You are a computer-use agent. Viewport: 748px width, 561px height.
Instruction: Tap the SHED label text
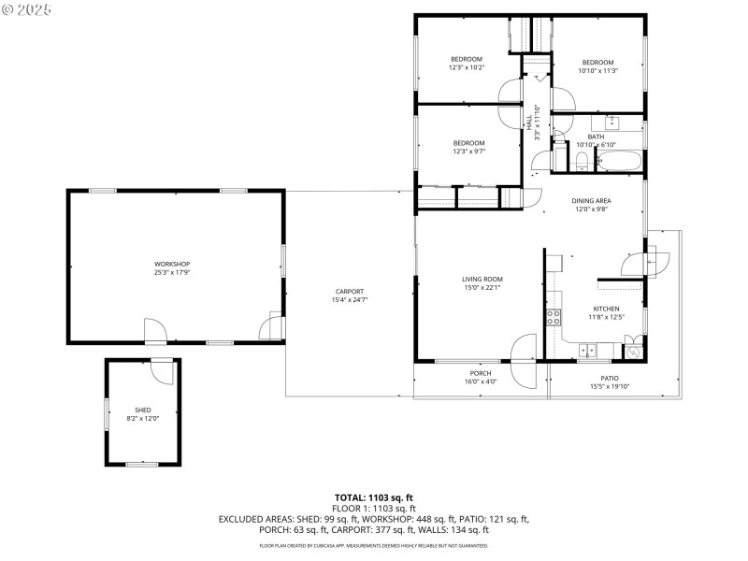pyautogui.click(x=143, y=410)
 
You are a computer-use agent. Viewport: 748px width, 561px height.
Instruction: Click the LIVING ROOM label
pyautogui.click(x=482, y=279)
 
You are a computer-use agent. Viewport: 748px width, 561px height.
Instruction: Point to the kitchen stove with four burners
pyautogui.click(x=554, y=315)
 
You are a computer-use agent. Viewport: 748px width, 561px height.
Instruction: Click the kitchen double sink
pyautogui.click(x=587, y=351)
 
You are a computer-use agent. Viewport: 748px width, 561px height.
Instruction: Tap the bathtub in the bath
pyautogui.click(x=619, y=161)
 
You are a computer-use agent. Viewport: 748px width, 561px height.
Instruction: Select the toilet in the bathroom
pyautogui.click(x=581, y=164)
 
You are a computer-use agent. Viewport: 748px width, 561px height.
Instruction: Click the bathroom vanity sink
pyautogui.click(x=612, y=122)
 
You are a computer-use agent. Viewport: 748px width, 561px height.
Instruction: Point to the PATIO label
pyautogui.click(x=610, y=379)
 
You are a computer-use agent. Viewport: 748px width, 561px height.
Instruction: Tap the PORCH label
pyautogui.click(x=481, y=373)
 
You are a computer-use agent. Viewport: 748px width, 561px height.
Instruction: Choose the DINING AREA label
pyautogui.click(x=592, y=201)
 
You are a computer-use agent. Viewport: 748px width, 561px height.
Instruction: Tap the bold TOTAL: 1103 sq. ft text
pyautogui.click(x=374, y=496)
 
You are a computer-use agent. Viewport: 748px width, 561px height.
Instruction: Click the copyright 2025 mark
pyautogui.click(x=27, y=9)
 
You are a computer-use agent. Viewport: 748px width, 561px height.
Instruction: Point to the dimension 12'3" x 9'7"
pyautogui.click(x=468, y=151)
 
